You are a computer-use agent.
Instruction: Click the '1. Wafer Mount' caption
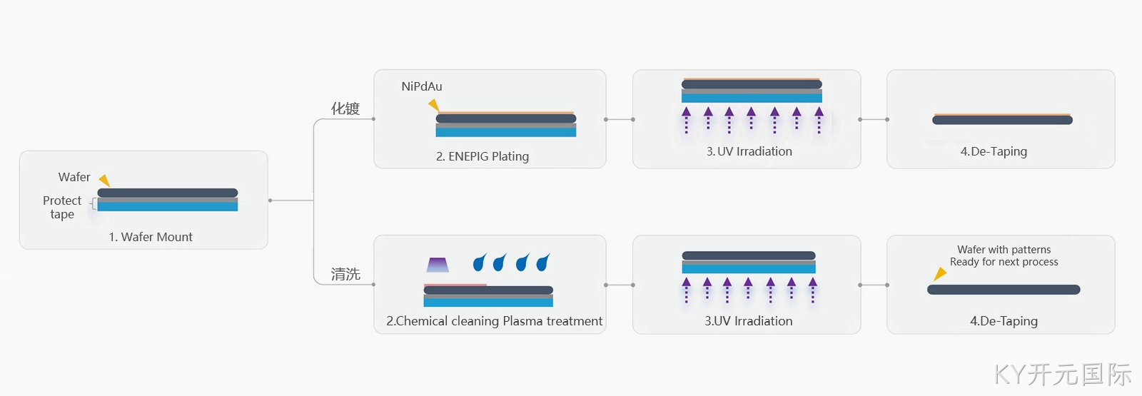coord(151,237)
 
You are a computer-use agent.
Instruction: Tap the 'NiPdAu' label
coord(422,86)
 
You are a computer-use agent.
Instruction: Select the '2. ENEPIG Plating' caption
coord(482,156)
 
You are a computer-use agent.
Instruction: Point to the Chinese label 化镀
coord(345,108)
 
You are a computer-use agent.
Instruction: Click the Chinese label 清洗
coord(345,274)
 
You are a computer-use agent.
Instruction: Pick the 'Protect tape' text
coord(62,207)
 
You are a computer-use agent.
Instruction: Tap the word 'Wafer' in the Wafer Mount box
coord(74,177)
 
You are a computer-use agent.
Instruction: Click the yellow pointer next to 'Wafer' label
coord(104,180)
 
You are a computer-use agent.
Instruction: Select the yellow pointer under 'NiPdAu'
coord(434,105)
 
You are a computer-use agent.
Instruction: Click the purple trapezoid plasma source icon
coord(438,265)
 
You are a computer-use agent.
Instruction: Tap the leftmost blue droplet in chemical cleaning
coord(480,262)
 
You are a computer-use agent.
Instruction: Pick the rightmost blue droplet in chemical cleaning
coord(543,262)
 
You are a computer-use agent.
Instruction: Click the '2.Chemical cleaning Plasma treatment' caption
coord(494,321)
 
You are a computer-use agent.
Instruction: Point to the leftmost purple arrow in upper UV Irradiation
coord(686,121)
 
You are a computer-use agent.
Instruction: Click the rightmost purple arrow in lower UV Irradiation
coord(813,290)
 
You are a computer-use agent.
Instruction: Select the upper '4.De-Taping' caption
coord(994,151)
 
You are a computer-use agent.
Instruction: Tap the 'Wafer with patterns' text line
coord(1004,250)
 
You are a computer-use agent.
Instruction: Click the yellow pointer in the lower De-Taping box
coord(939,274)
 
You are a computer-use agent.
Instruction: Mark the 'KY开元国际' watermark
coord(1063,375)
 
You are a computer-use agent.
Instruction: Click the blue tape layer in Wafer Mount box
coord(168,206)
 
